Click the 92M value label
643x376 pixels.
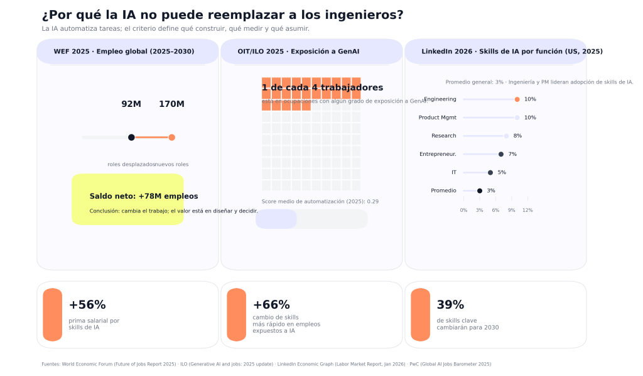[x=131, y=104]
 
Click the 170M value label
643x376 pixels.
[x=171, y=104]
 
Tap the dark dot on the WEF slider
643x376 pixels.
[x=131, y=137]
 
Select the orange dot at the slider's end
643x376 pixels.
[x=171, y=137]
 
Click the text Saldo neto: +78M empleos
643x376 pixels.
[x=144, y=196]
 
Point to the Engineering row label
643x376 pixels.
[x=440, y=99]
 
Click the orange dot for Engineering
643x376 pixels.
[x=517, y=99]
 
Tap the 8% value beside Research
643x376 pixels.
[x=517, y=136]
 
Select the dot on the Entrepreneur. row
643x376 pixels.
[x=500, y=154]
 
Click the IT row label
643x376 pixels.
[x=453, y=172]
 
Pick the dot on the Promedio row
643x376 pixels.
[x=480, y=191]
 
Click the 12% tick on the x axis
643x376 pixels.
[x=527, y=210]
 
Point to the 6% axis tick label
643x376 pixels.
[x=495, y=210]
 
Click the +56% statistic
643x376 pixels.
[x=87, y=305]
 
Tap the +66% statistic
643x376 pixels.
[x=271, y=305]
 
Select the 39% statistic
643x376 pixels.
[x=450, y=305]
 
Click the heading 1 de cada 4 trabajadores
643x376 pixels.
[x=322, y=87]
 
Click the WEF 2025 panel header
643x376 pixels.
[x=124, y=52]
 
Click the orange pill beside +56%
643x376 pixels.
[x=53, y=314]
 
